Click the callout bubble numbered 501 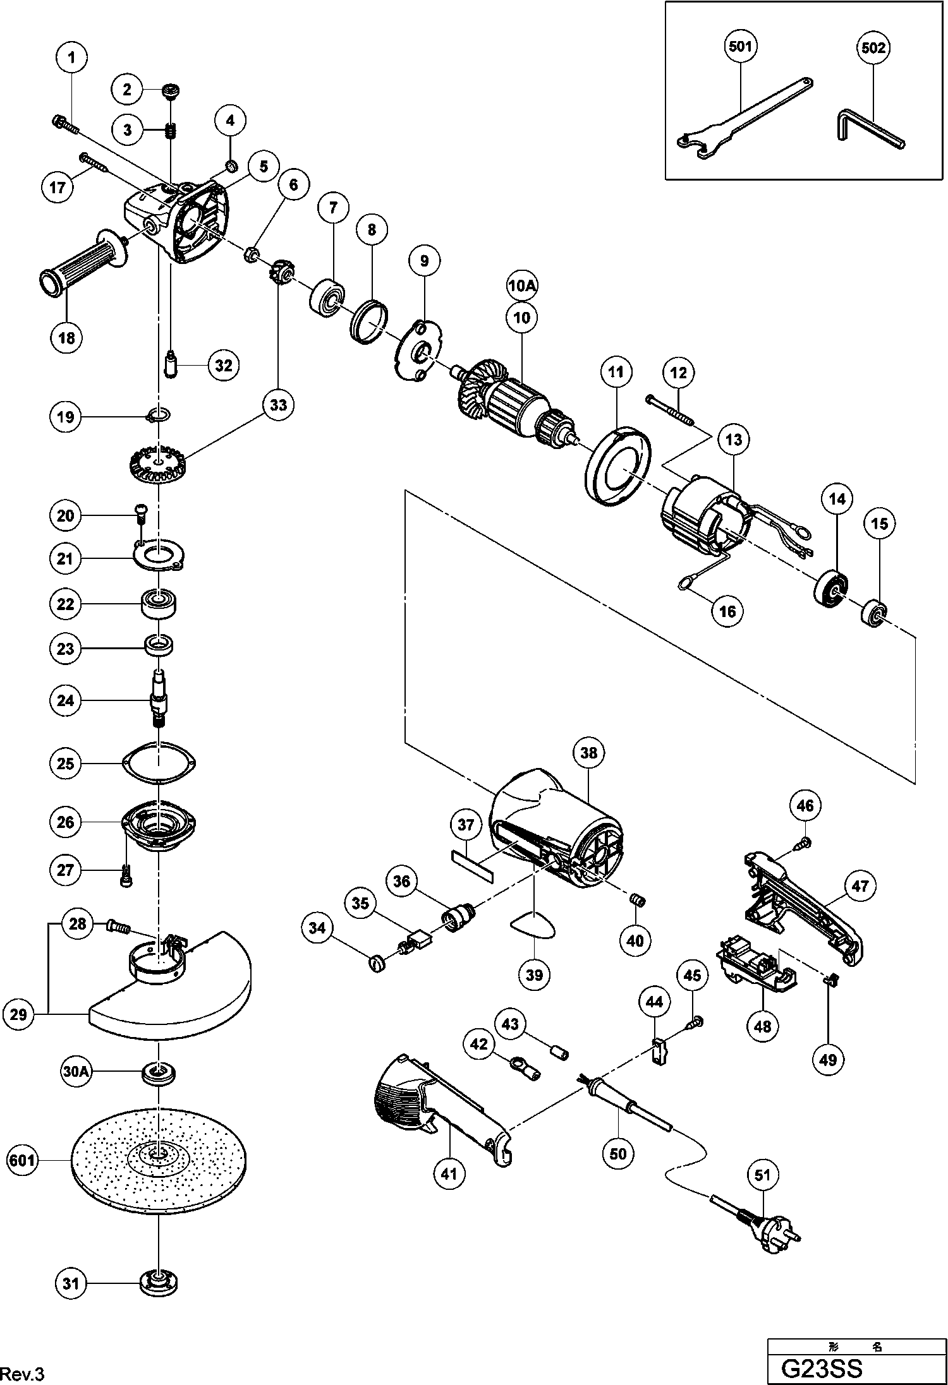point(740,47)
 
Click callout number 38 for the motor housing point(588,753)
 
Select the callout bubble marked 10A point(522,285)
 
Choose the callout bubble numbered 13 point(733,439)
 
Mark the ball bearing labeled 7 point(327,300)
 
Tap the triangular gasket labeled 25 point(159,764)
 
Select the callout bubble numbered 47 point(860,886)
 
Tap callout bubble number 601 point(22,1160)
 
